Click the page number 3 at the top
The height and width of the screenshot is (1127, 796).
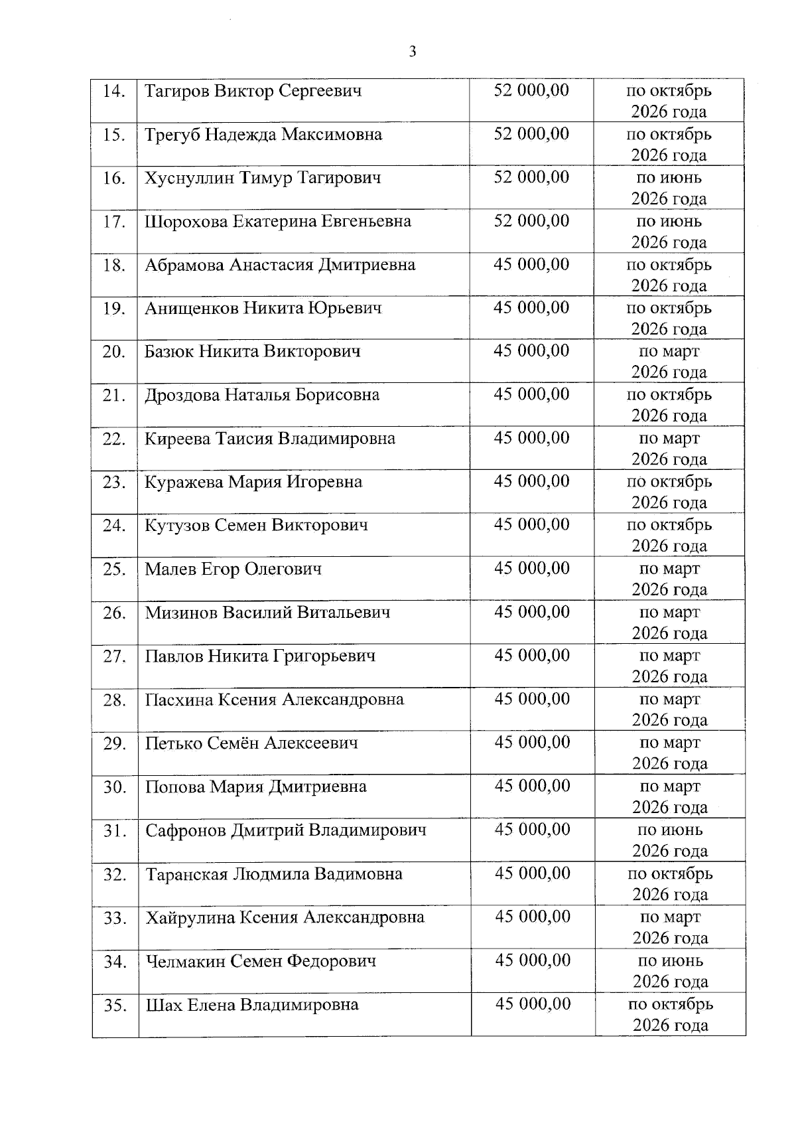413,52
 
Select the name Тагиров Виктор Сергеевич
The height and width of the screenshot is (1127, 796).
253,90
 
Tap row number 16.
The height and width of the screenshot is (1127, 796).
114,178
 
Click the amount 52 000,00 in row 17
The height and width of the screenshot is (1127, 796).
531,221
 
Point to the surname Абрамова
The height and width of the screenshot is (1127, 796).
184,265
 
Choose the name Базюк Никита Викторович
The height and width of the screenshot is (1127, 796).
253,351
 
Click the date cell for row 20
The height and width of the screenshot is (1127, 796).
669,362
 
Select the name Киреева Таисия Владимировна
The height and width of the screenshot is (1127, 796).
270,439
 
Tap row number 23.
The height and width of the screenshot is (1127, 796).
114,483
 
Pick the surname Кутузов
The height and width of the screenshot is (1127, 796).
177,526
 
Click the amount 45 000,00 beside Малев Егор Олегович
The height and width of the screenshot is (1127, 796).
531,569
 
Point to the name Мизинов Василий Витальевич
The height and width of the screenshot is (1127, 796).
268,613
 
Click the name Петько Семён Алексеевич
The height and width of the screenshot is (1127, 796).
251,743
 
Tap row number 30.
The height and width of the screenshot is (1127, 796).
115,787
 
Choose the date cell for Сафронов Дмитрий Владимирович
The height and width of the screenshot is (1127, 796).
669,840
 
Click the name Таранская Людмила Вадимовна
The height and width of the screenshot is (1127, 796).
274,874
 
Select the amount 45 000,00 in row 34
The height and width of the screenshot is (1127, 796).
533,961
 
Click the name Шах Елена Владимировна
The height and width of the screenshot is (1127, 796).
252,1005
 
